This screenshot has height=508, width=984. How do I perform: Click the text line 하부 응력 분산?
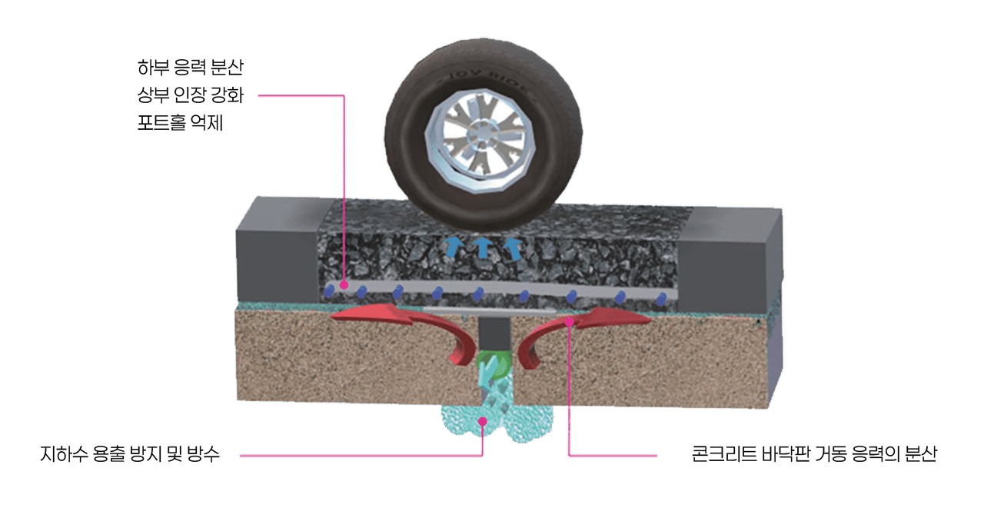coord(190,67)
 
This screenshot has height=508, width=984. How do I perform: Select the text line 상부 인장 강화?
coord(190,95)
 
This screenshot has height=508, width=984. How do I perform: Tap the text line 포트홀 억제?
coord(180,122)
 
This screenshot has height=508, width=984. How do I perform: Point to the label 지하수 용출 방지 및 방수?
coord(130,454)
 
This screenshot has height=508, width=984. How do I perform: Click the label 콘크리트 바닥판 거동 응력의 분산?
coord(814,454)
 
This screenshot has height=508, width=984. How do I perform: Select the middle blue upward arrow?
coord(483,247)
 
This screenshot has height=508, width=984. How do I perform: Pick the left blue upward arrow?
coord(453,247)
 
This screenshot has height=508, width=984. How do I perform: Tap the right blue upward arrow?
coord(513,248)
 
